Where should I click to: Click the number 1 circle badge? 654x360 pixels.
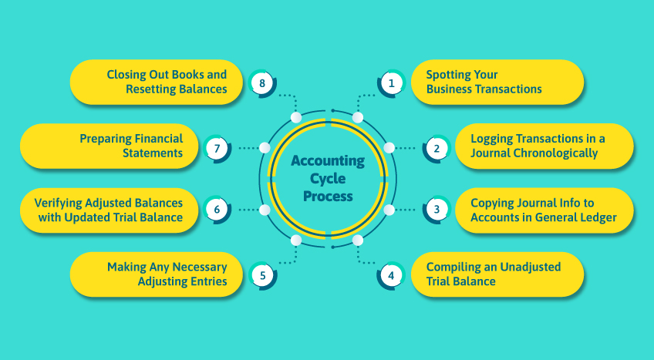coord(391,82)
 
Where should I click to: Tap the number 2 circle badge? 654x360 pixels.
coord(437,146)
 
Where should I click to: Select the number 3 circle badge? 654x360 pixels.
coord(437,209)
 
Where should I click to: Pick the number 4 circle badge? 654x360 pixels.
coord(391,274)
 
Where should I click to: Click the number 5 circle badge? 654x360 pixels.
coord(263,274)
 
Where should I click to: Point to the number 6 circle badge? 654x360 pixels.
coord(217,209)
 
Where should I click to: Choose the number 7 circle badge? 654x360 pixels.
coord(217,146)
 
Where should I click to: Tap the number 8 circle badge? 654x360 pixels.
coord(263,82)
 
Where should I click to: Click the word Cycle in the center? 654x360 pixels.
coord(327,179)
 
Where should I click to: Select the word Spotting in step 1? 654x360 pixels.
coord(450,75)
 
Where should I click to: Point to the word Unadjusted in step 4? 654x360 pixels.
coord(531,267)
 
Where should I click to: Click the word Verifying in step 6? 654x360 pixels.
coord(58,203)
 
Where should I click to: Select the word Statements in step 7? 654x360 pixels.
coord(152,153)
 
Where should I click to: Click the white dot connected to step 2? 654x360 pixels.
coord(389,146)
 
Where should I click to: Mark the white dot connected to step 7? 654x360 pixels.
coord(265,146)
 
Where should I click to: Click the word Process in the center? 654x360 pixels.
coord(327,197)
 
